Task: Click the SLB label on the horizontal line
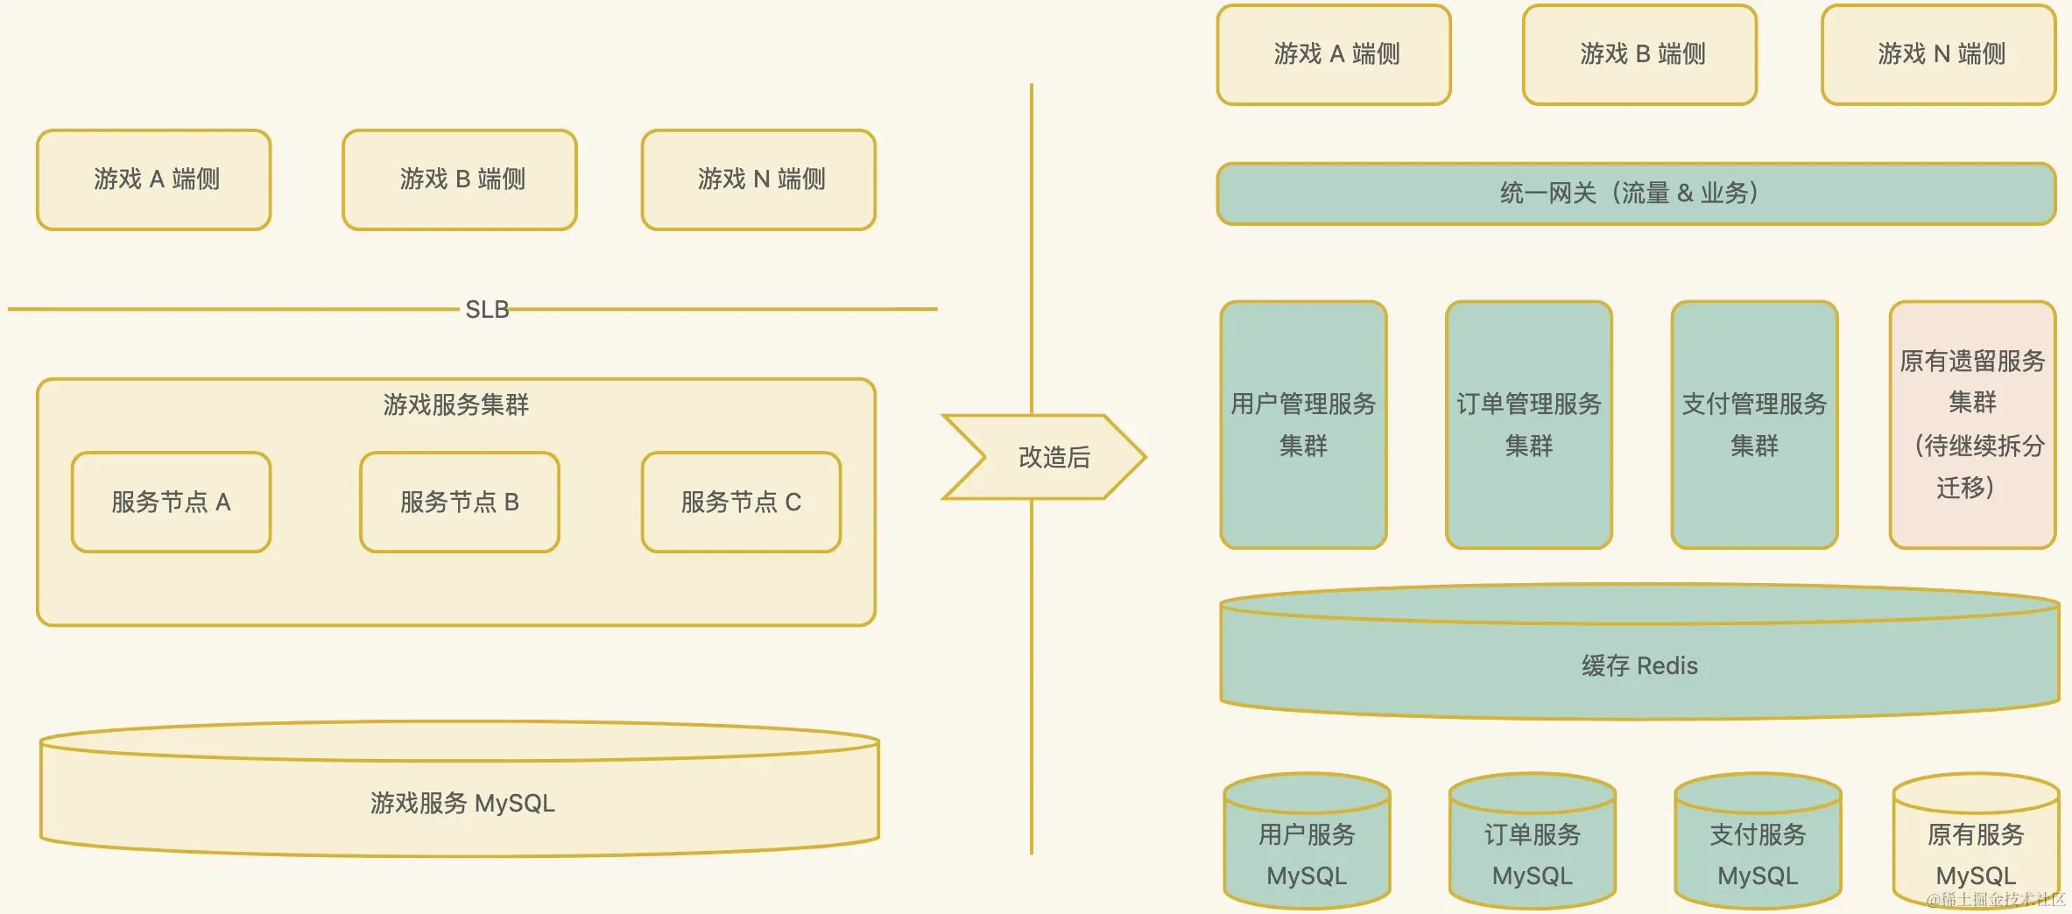[x=487, y=309]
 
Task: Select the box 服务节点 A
[x=171, y=502]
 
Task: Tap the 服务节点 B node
[x=460, y=502]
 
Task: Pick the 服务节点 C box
[x=741, y=502]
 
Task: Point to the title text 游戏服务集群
[x=455, y=404]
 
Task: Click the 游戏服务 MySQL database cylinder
[x=461, y=802]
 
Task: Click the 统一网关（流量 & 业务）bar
[x=1636, y=193]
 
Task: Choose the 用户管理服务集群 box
[x=1303, y=425]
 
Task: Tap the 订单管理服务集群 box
[x=1529, y=425]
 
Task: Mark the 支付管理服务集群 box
[x=1754, y=425]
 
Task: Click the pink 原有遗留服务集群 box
[x=1972, y=425]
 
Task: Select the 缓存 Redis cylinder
[x=1639, y=665]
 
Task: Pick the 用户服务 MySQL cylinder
[x=1307, y=854]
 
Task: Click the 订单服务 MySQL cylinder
[x=1533, y=854]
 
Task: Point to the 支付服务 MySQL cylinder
[x=1758, y=854]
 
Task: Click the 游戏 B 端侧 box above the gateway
[x=1640, y=54]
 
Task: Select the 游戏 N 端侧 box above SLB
[x=758, y=179]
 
